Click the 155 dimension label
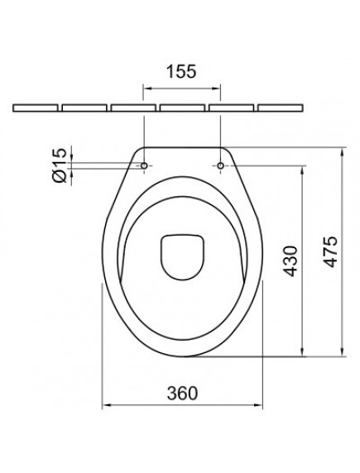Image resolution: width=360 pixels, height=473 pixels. click(x=182, y=71)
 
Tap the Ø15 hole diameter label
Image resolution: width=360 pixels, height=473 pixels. click(x=57, y=165)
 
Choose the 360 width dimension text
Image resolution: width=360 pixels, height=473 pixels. click(x=181, y=393)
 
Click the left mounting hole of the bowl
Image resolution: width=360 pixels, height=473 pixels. click(x=145, y=165)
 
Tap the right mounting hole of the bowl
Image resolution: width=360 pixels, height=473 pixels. click(x=223, y=165)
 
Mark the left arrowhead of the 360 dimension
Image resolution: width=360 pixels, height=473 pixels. click(x=106, y=405)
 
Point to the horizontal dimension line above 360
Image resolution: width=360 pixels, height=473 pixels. click(x=181, y=405)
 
